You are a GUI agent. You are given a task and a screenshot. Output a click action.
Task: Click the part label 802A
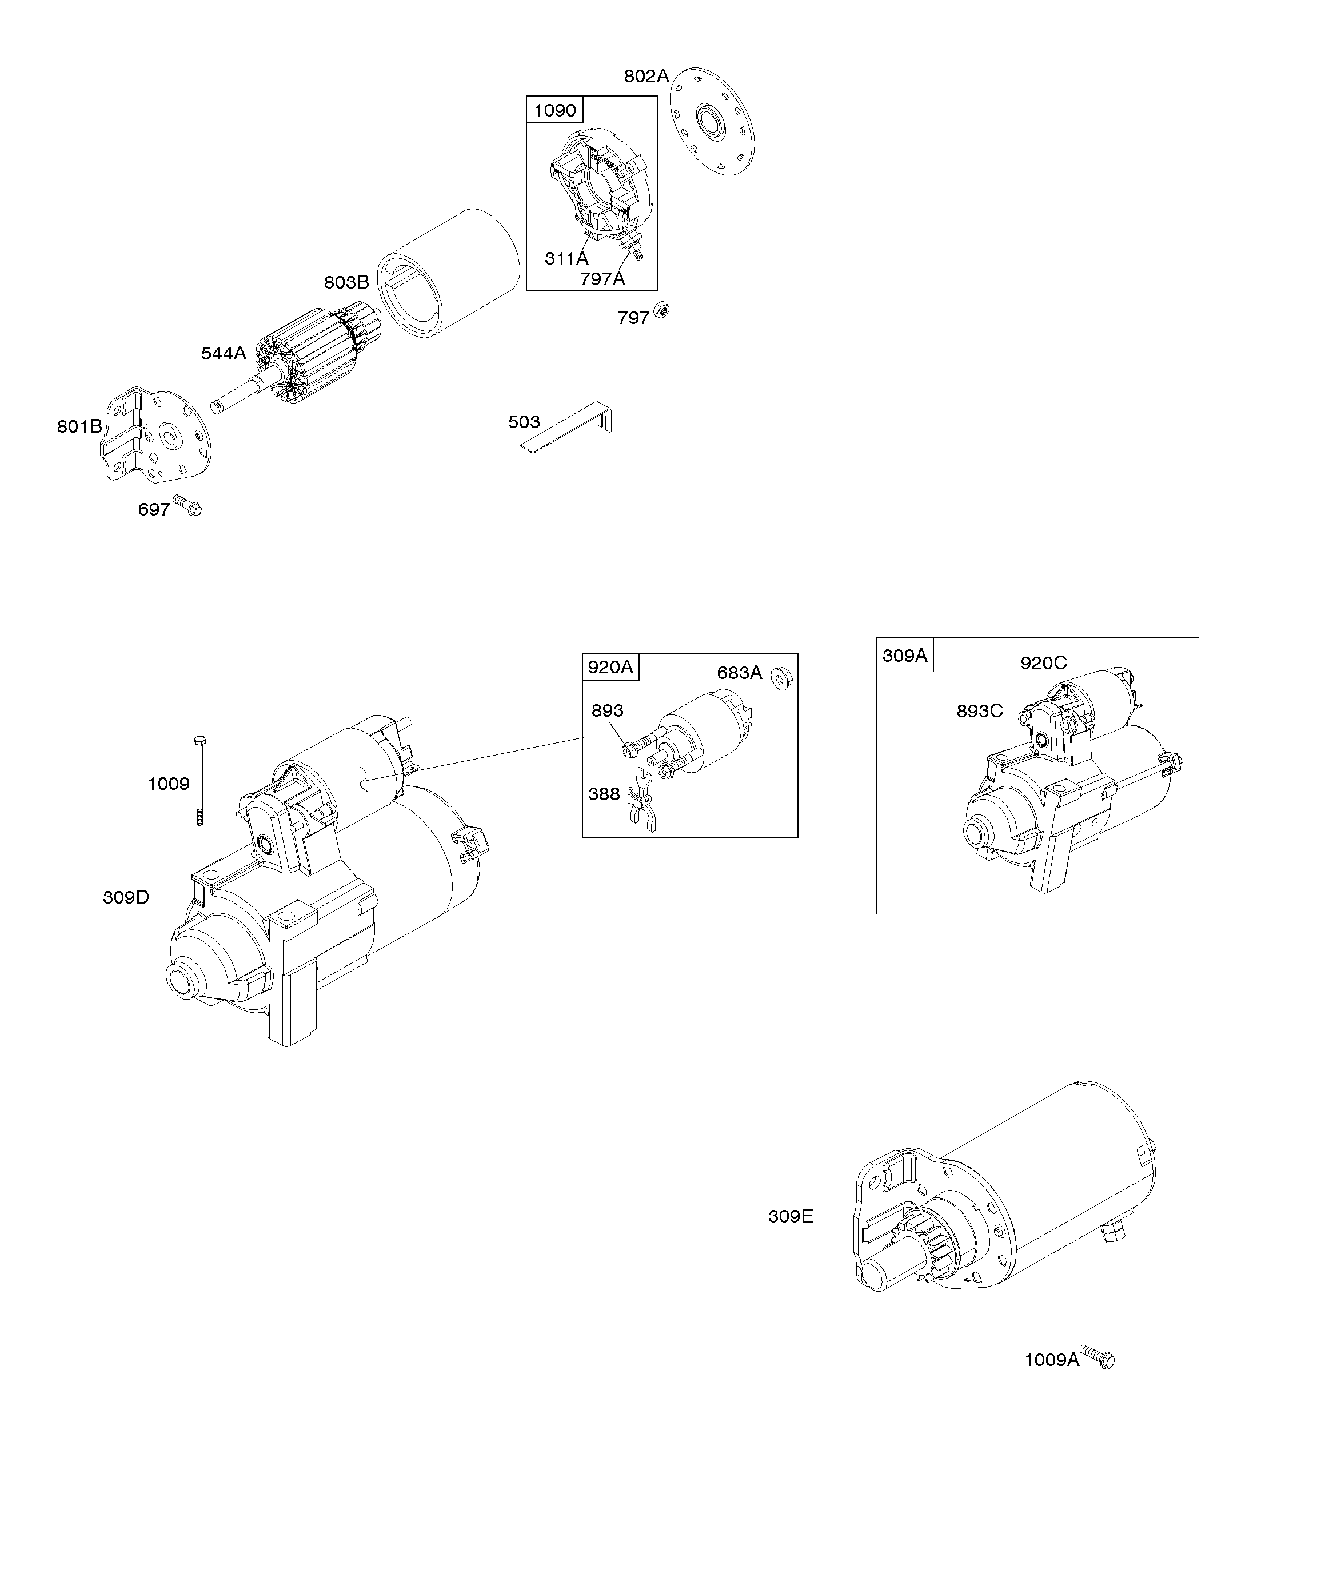(646, 76)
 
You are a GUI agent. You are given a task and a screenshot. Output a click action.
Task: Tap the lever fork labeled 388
(642, 808)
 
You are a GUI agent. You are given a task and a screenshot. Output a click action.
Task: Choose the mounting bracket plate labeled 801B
(155, 435)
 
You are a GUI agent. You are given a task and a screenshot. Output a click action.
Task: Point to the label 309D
(126, 897)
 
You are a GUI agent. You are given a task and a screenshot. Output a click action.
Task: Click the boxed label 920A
(610, 667)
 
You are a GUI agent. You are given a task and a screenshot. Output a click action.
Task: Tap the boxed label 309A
(904, 655)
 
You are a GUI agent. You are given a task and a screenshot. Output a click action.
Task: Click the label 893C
(979, 710)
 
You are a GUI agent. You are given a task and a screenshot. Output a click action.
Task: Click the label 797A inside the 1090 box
(602, 279)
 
